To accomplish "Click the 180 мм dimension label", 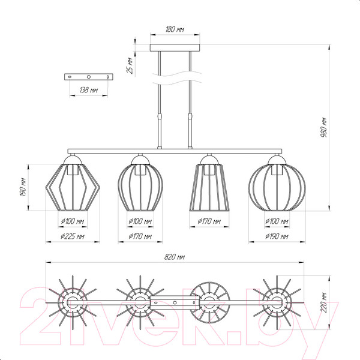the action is tap(175, 29).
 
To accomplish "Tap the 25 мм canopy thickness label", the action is tap(130, 65).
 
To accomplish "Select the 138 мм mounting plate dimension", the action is tap(89, 90).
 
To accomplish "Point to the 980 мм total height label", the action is tap(323, 128).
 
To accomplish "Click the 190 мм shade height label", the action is tap(23, 187).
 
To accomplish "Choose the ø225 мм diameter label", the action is tap(73, 236).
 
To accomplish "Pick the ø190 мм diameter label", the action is tap(277, 236).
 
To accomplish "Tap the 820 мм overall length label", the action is tap(175, 257).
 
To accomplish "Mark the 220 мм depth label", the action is tap(323, 302).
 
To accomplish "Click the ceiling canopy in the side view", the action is tap(175, 47).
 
